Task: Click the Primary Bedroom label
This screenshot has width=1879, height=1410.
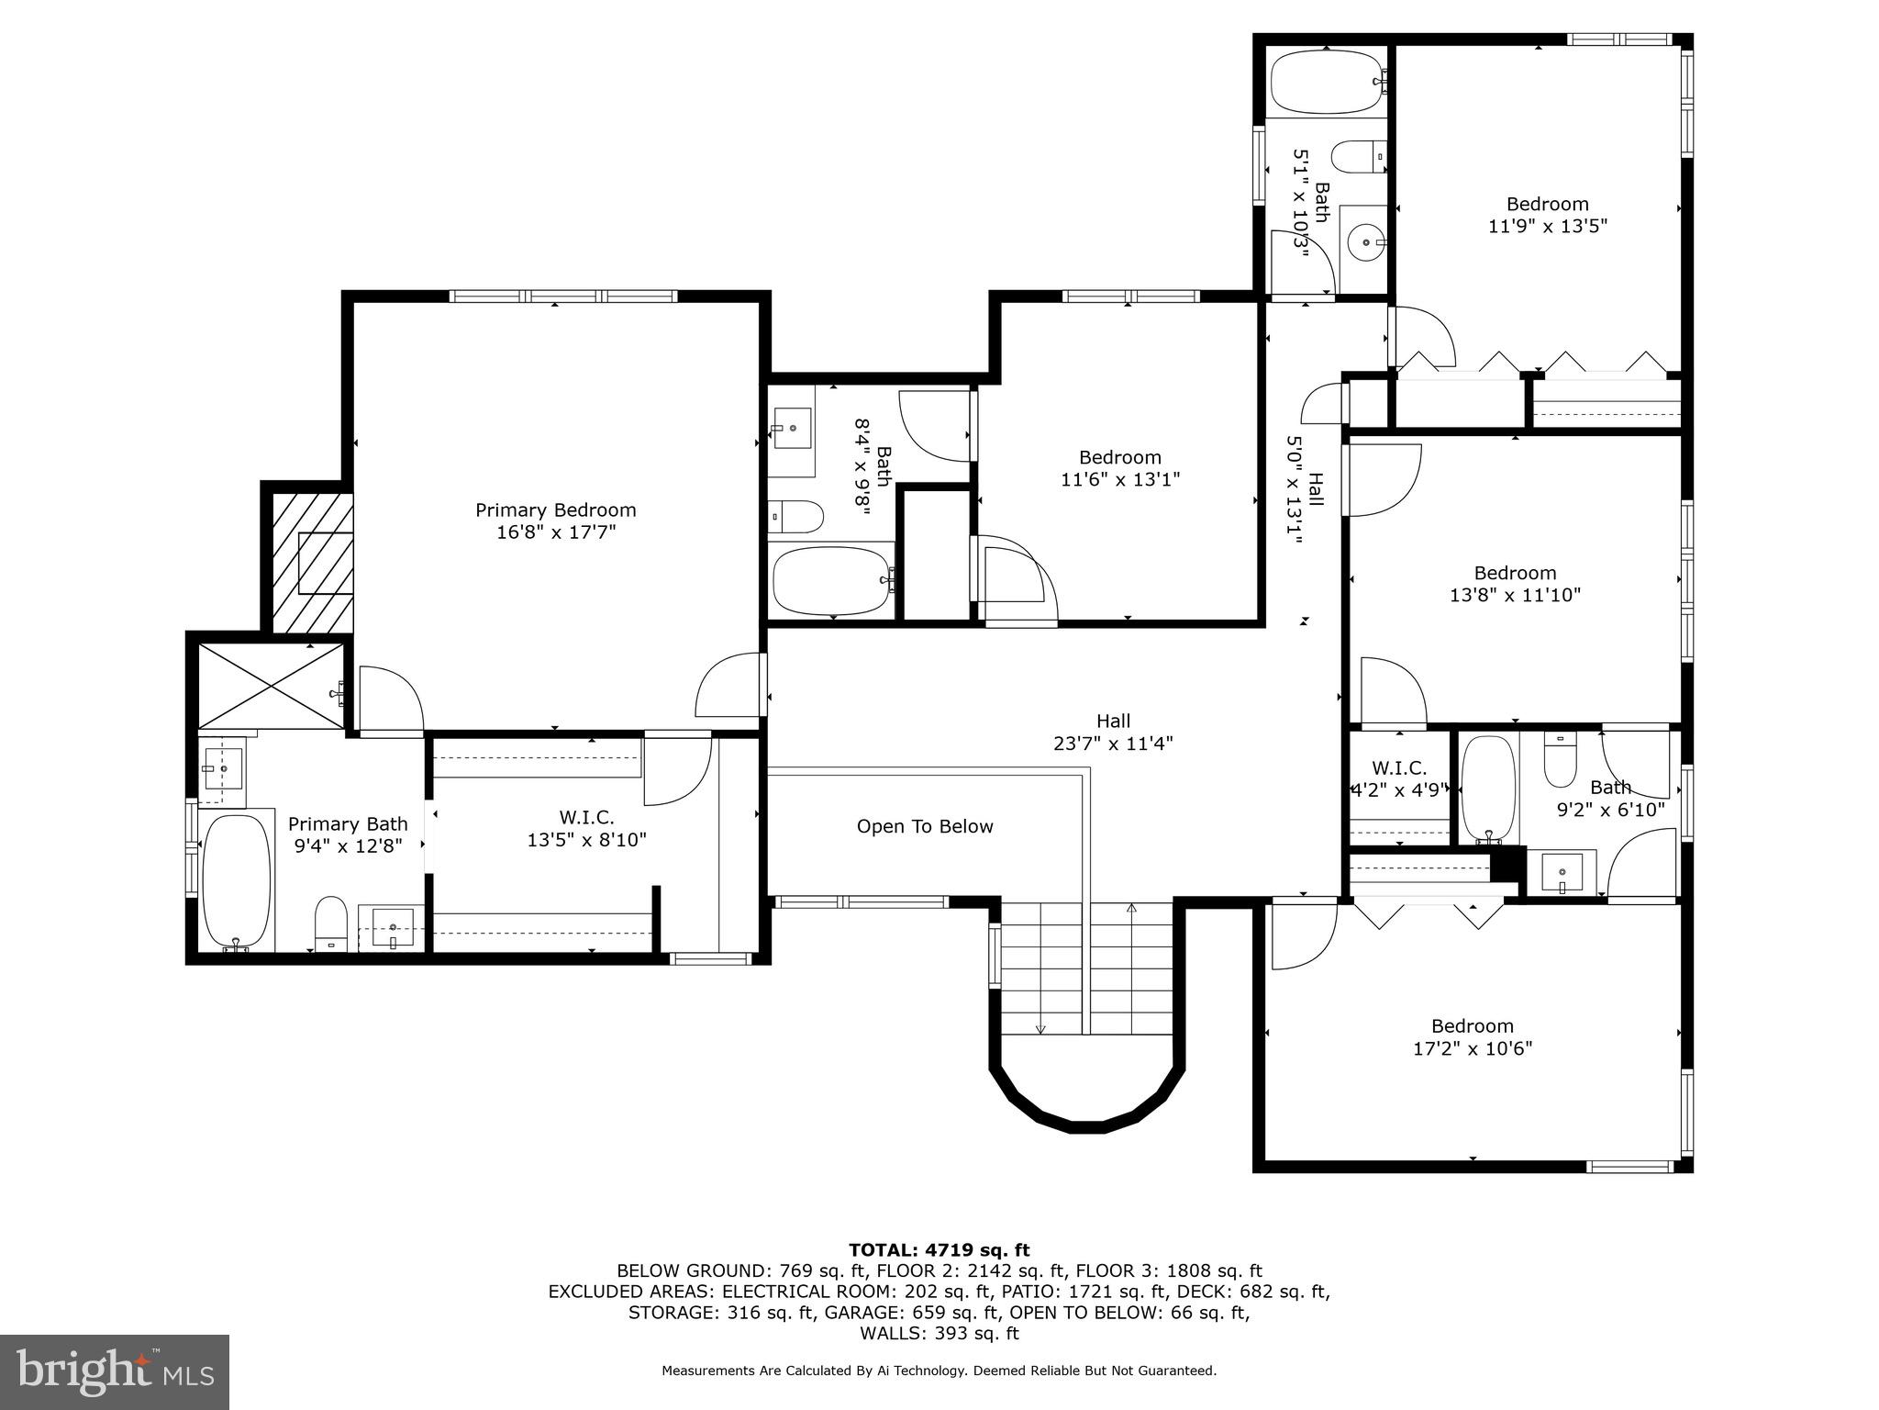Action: (x=555, y=510)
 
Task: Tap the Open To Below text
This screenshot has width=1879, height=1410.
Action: (x=925, y=826)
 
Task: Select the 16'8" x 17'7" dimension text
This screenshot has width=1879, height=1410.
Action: (x=555, y=532)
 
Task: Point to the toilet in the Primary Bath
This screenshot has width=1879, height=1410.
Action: (x=330, y=922)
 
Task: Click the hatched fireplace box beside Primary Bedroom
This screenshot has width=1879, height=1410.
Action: (x=313, y=562)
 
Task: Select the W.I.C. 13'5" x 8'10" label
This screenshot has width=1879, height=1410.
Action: (x=586, y=828)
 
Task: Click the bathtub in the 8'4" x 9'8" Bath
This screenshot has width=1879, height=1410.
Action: (x=831, y=581)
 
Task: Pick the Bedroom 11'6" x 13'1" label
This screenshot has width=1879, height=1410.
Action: (x=1119, y=468)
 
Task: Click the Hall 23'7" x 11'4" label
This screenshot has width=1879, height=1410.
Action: (x=1113, y=733)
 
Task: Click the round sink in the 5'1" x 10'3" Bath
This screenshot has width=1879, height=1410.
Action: (x=1366, y=242)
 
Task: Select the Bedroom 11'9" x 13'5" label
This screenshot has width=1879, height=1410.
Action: (x=1547, y=215)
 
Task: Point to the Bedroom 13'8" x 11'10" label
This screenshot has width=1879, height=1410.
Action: (x=1515, y=584)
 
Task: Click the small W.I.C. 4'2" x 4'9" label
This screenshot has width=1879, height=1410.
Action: (x=1399, y=778)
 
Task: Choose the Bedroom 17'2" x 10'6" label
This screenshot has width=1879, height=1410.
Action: (x=1472, y=1037)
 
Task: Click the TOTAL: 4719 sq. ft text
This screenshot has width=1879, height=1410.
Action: (x=939, y=1250)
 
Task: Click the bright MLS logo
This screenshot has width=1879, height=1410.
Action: (x=114, y=1372)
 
